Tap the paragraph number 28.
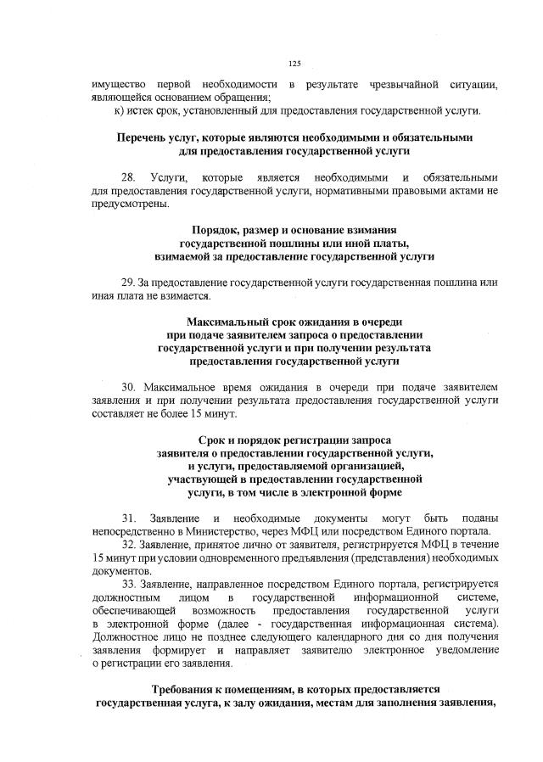pyautogui.click(x=129, y=177)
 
